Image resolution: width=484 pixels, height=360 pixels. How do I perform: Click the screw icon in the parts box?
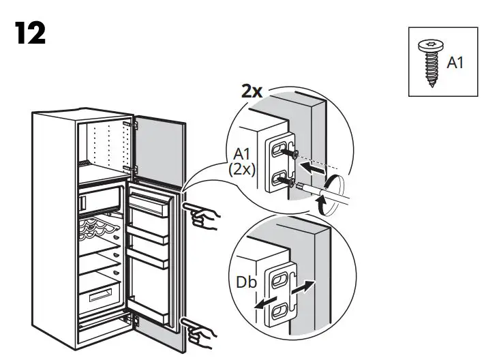432,63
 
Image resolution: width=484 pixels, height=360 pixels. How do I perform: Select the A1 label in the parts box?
455,63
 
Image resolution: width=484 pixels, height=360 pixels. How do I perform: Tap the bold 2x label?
252,91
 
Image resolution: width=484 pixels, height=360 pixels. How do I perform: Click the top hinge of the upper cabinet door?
134,125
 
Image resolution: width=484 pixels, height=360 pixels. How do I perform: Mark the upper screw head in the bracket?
294,154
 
